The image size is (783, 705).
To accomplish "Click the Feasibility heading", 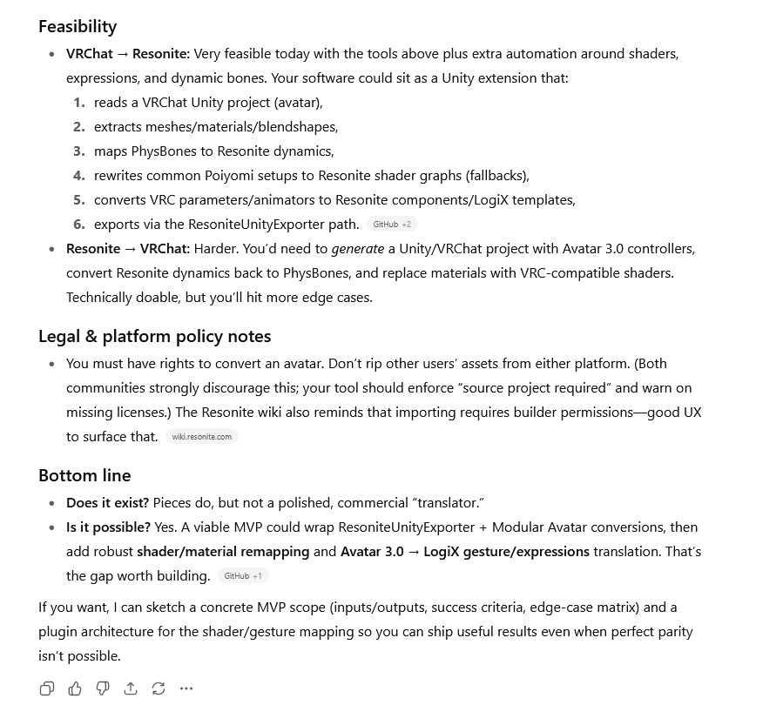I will (x=78, y=26).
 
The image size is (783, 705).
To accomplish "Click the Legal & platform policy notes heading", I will (x=154, y=336).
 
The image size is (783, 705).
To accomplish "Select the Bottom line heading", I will (x=84, y=475).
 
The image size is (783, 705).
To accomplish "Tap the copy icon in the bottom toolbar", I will (x=47, y=688).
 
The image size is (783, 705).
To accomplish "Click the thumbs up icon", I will (x=75, y=688).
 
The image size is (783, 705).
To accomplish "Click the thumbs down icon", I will (x=103, y=688).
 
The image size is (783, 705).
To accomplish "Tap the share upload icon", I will (x=131, y=688).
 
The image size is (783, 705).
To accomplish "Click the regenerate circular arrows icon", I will (x=159, y=688).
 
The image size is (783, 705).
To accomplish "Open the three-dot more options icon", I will (x=186, y=688).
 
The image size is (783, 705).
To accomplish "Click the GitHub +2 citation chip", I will (x=392, y=225).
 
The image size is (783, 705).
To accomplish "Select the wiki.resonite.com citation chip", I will (x=201, y=437).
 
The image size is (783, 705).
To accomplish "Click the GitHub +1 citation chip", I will (x=243, y=576).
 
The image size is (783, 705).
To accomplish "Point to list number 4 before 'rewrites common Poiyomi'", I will (x=79, y=175).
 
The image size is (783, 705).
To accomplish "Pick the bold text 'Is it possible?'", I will (x=108, y=527).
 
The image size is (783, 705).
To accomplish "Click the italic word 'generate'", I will (x=358, y=249).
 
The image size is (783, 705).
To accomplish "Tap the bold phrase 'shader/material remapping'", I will (x=223, y=552).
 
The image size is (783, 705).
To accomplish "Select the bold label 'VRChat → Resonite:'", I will (x=127, y=54).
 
